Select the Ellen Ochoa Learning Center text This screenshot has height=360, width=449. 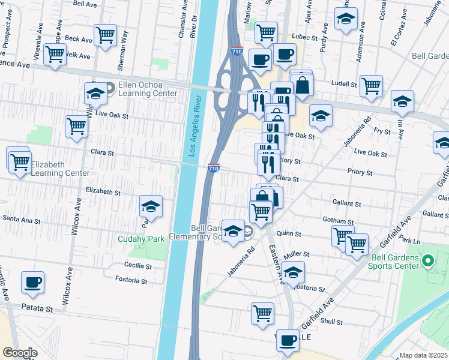point(148,89)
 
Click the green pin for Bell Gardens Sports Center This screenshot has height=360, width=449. point(427,262)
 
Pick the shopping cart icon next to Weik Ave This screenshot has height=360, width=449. point(55,54)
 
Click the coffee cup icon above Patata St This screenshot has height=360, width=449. point(32,282)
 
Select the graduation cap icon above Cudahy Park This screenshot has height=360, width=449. point(151,207)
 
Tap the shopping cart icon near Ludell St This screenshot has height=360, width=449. point(372,86)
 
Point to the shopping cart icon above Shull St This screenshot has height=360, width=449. point(262,313)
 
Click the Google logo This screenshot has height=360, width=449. point(20,353)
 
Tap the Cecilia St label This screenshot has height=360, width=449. point(137,266)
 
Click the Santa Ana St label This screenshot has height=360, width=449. point(22,220)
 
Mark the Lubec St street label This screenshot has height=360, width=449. point(304,37)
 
